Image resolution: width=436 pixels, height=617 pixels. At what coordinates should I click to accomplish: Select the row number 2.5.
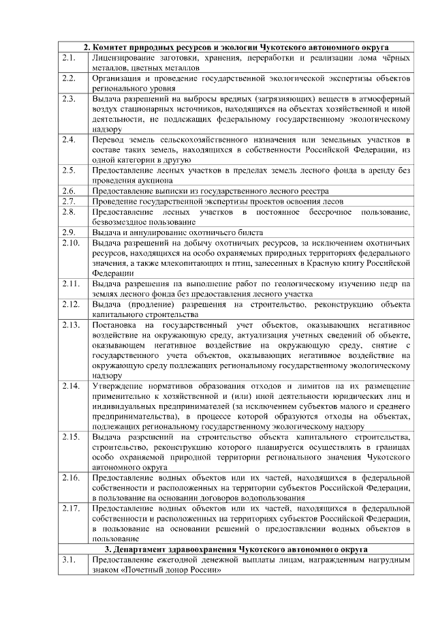[x=67, y=170]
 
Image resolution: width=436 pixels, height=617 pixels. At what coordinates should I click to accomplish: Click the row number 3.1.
[x=67, y=560]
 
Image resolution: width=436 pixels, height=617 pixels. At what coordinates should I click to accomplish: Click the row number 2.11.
[x=69, y=284]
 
